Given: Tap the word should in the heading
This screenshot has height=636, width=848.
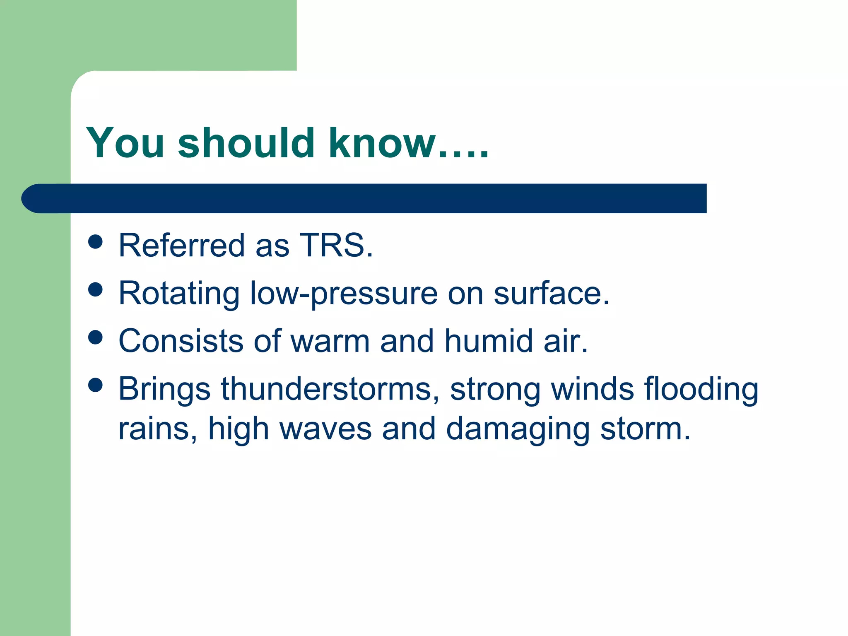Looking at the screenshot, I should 246,143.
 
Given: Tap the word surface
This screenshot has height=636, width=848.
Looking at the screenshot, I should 551,294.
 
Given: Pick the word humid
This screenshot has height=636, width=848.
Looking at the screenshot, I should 489,341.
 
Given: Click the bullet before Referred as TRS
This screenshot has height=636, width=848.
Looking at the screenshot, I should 96,242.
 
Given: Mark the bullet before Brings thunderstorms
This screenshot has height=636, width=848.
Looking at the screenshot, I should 96,385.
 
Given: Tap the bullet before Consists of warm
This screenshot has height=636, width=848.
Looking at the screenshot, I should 96,337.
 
